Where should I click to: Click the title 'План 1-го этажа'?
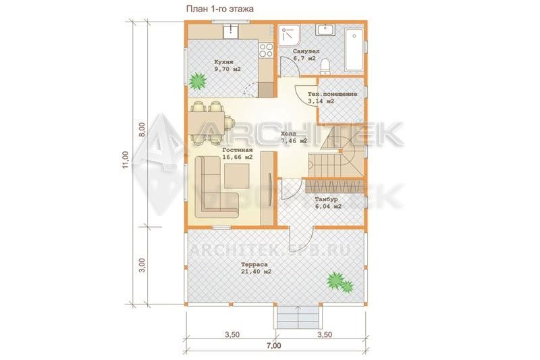[220, 9]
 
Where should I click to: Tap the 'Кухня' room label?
[223, 62]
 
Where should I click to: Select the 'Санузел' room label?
[306, 51]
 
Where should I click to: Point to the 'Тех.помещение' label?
[332, 94]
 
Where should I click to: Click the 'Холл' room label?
[288, 134]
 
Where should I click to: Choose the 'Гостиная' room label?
[238, 150]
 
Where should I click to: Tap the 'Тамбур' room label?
[327, 199]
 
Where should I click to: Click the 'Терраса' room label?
[254, 264]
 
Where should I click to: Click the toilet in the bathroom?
[325, 66]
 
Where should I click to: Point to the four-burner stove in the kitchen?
[266, 50]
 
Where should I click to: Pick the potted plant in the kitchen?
[198, 81]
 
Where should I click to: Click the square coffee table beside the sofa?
[236, 176]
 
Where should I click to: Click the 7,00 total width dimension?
[274, 345]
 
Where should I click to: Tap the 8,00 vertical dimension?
[142, 130]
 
